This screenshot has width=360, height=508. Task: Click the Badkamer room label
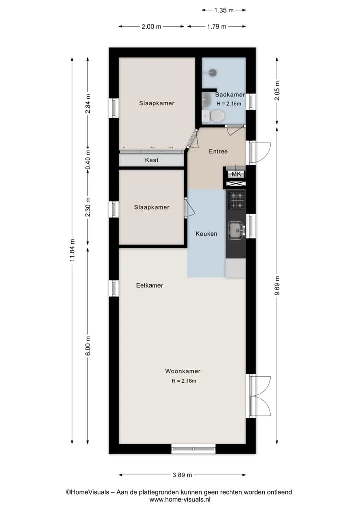tap(230, 94)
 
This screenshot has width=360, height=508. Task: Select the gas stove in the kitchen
tap(237, 200)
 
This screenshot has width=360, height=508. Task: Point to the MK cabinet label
tap(236, 174)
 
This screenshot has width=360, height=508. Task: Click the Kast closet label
tap(152, 160)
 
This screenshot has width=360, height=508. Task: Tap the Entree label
tap(218, 151)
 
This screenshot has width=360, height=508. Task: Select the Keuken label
tap(206, 234)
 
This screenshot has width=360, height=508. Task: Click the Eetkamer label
tap(150, 285)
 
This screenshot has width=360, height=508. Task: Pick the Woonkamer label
tap(183, 371)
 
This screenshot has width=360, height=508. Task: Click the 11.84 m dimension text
tap(72, 250)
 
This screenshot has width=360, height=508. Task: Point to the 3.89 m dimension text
tap(182, 475)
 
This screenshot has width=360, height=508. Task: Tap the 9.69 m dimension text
tap(277, 286)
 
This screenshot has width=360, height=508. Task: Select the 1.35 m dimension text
tap(224, 10)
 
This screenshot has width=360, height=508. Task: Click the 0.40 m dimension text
tap(88, 160)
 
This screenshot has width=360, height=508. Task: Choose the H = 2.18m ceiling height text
tap(184, 381)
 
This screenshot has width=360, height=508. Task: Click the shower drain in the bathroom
tap(212, 72)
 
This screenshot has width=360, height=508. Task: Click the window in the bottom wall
tap(193, 449)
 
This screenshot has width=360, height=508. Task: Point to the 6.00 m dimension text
tap(88, 346)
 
